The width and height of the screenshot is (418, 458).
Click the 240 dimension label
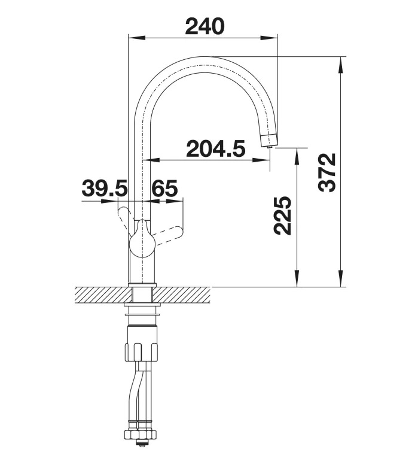(x=205, y=26)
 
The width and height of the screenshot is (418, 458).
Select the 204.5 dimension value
(x=215, y=148)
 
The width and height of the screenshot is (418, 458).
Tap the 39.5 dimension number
(x=105, y=188)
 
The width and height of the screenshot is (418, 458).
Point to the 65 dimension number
(x=164, y=188)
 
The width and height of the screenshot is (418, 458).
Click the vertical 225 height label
(x=282, y=216)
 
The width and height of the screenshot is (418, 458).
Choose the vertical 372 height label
(x=327, y=172)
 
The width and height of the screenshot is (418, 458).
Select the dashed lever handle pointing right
(x=167, y=235)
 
